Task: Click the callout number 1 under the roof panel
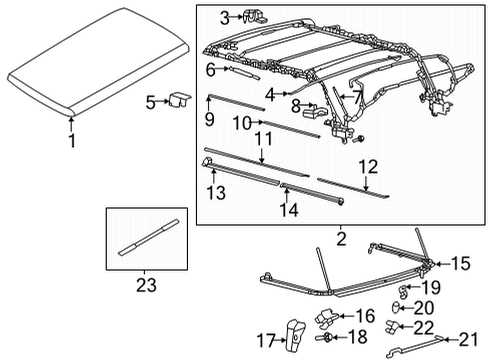(x=71, y=141)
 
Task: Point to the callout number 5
(x=149, y=101)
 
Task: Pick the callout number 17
(x=267, y=340)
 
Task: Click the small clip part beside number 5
(x=181, y=99)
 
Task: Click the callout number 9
(x=209, y=118)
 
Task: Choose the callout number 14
(x=290, y=210)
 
